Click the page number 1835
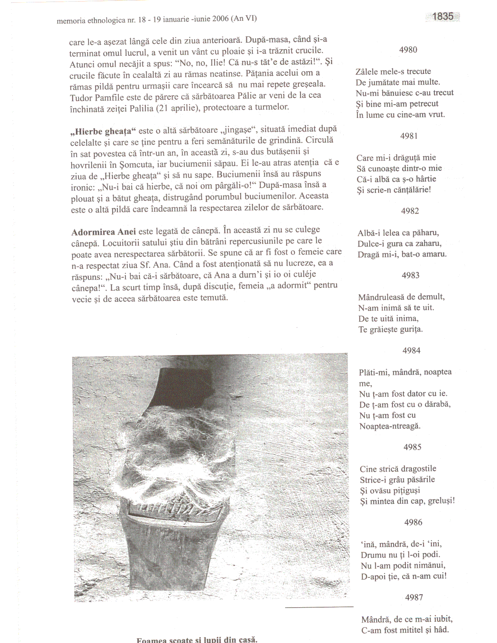click(443, 17)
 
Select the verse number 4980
click(408, 50)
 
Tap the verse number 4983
click(410, 276)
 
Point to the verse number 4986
click(413, 522)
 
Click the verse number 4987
click(414, 597)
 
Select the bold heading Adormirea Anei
click(103, 232)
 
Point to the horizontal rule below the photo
click(319, 607)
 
